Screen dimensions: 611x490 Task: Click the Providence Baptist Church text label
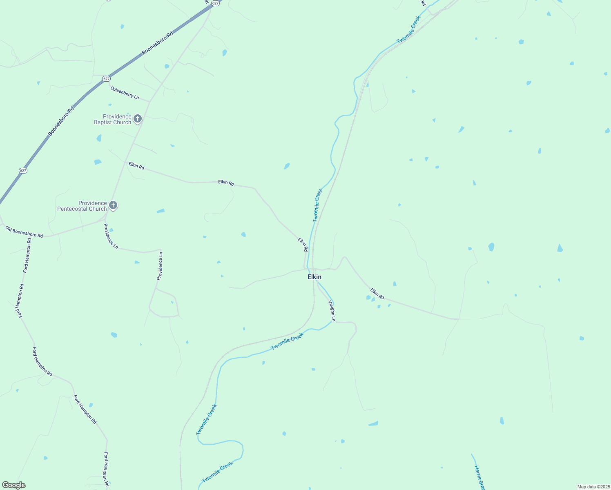coord(113,119)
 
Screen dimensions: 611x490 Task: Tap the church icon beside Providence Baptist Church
coord(138,119)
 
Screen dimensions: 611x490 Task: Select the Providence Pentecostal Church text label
coord(82,206)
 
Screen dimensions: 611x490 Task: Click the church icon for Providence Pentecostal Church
coord(114,205)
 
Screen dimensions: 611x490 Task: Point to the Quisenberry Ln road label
coord(125,92)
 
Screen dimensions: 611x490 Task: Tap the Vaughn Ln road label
coord(332,311)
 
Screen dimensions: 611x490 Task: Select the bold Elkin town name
coord(314,277)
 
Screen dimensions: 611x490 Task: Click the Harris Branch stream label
coord(479,478)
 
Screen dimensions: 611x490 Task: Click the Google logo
coord(13,485)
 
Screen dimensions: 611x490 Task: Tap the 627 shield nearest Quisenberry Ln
coord(106,78)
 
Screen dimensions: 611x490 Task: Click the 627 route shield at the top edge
coord(216,3)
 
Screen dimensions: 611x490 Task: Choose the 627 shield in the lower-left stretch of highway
coord(23,170)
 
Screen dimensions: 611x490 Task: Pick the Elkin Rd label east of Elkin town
coord(377,293)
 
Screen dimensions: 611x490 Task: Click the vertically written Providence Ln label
coord(160,266)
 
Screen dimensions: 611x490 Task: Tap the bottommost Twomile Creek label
coord(217,472)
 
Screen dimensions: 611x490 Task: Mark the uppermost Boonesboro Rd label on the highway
coord(158,42)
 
